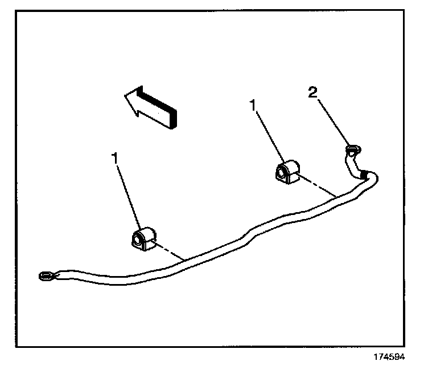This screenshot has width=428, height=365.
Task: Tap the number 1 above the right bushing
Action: (x=253, y=104)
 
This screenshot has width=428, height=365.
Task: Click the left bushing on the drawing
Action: (x=144, y=238)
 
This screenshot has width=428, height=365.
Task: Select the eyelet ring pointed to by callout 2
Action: (x=352, y=151)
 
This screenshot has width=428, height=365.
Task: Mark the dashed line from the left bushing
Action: (x=168, y=252)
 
